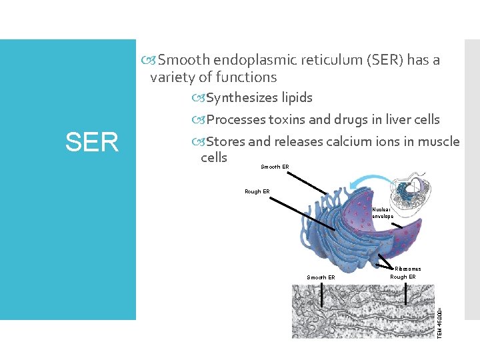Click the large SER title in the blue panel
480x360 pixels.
click(91, 141)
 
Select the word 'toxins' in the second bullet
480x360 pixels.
click(287, 120)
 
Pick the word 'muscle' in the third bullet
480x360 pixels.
click(437, 141)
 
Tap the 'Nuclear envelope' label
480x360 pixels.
click(383, 213)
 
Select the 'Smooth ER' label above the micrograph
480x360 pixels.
click(321, 277)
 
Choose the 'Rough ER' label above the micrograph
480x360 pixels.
click(403, 277)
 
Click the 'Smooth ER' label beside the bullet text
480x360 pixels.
click(275, 167)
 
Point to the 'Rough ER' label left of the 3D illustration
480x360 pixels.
click(257, 191)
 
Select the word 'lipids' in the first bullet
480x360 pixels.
click(296, 98)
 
